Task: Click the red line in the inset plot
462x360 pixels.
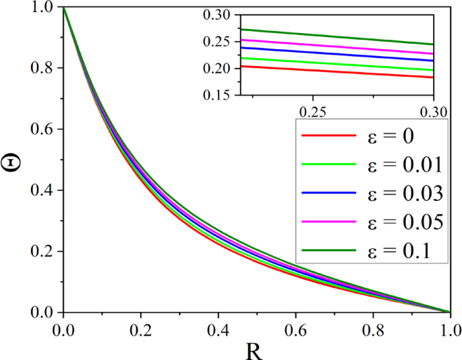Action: pyautogui.click(x=337, y=71)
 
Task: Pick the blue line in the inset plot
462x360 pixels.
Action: pyautogui.click(x=337, y=54)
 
